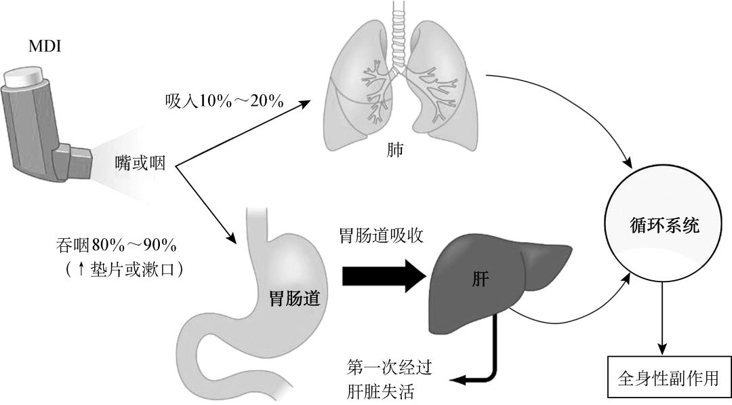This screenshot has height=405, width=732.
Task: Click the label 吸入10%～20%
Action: pos(224,101)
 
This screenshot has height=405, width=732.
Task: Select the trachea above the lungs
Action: pos(399,31)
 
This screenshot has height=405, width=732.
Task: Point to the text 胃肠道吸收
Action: pos(382,236)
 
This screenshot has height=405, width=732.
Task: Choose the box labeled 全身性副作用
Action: pos(667,377)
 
